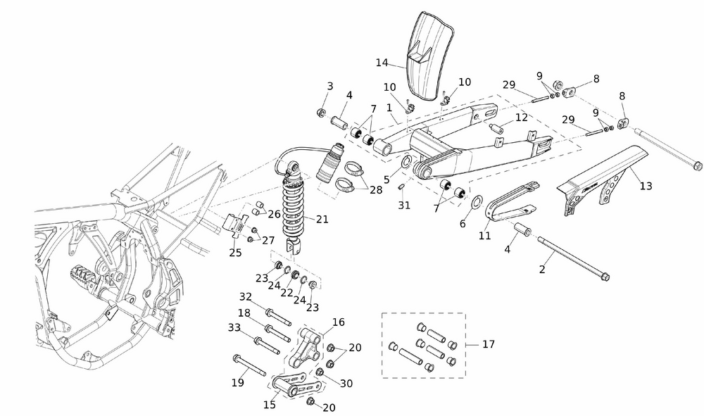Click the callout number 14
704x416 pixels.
pyautogui.click(x=382, y=63)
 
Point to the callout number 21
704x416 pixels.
pyautogui.click(x=322, y=220)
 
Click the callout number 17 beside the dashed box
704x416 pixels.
pyautogui.click(x=489, y=344)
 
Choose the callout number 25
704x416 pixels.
pyautogui.click(x=235, y=253)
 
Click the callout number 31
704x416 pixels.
pyautogui.click(x=403, y=206)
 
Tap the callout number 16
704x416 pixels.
pyautogui.click(x=339, y=322)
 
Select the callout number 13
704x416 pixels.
pyautogui.click(x=646, y=186)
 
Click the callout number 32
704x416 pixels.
pyautogui.click(x=246, y=296)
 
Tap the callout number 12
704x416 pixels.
pyautogui.click(x=520, y=118)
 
